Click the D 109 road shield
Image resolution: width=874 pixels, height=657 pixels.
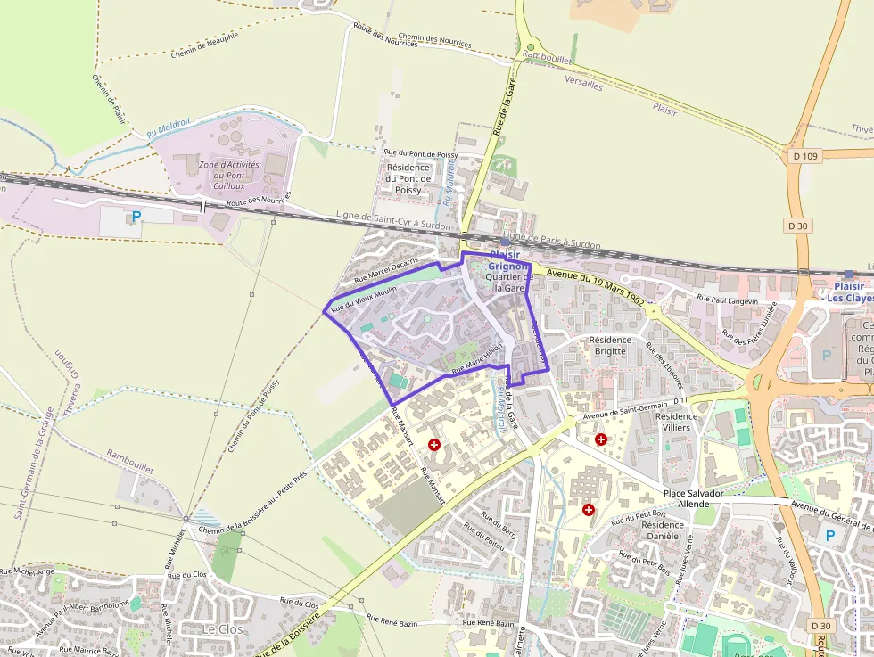[804, 157]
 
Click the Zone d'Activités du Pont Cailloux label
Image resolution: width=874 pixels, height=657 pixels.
[229, 176]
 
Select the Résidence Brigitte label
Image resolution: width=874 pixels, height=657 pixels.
[610, 345]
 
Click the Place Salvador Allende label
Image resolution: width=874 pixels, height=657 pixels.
[693, 498]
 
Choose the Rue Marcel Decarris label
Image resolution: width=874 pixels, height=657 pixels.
[385, 271]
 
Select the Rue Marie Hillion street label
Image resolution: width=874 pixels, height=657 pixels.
[478, 358]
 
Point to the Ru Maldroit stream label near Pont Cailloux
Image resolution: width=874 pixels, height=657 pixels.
[169, 129]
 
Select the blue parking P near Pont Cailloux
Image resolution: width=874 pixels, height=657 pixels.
[136, 217]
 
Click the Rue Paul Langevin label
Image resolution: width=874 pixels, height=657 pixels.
[727, 301]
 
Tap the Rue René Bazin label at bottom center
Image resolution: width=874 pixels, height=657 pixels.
[489, 623]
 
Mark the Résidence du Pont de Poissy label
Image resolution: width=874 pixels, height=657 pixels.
[408, 178]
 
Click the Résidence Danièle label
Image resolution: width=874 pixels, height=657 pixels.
[661, 530]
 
